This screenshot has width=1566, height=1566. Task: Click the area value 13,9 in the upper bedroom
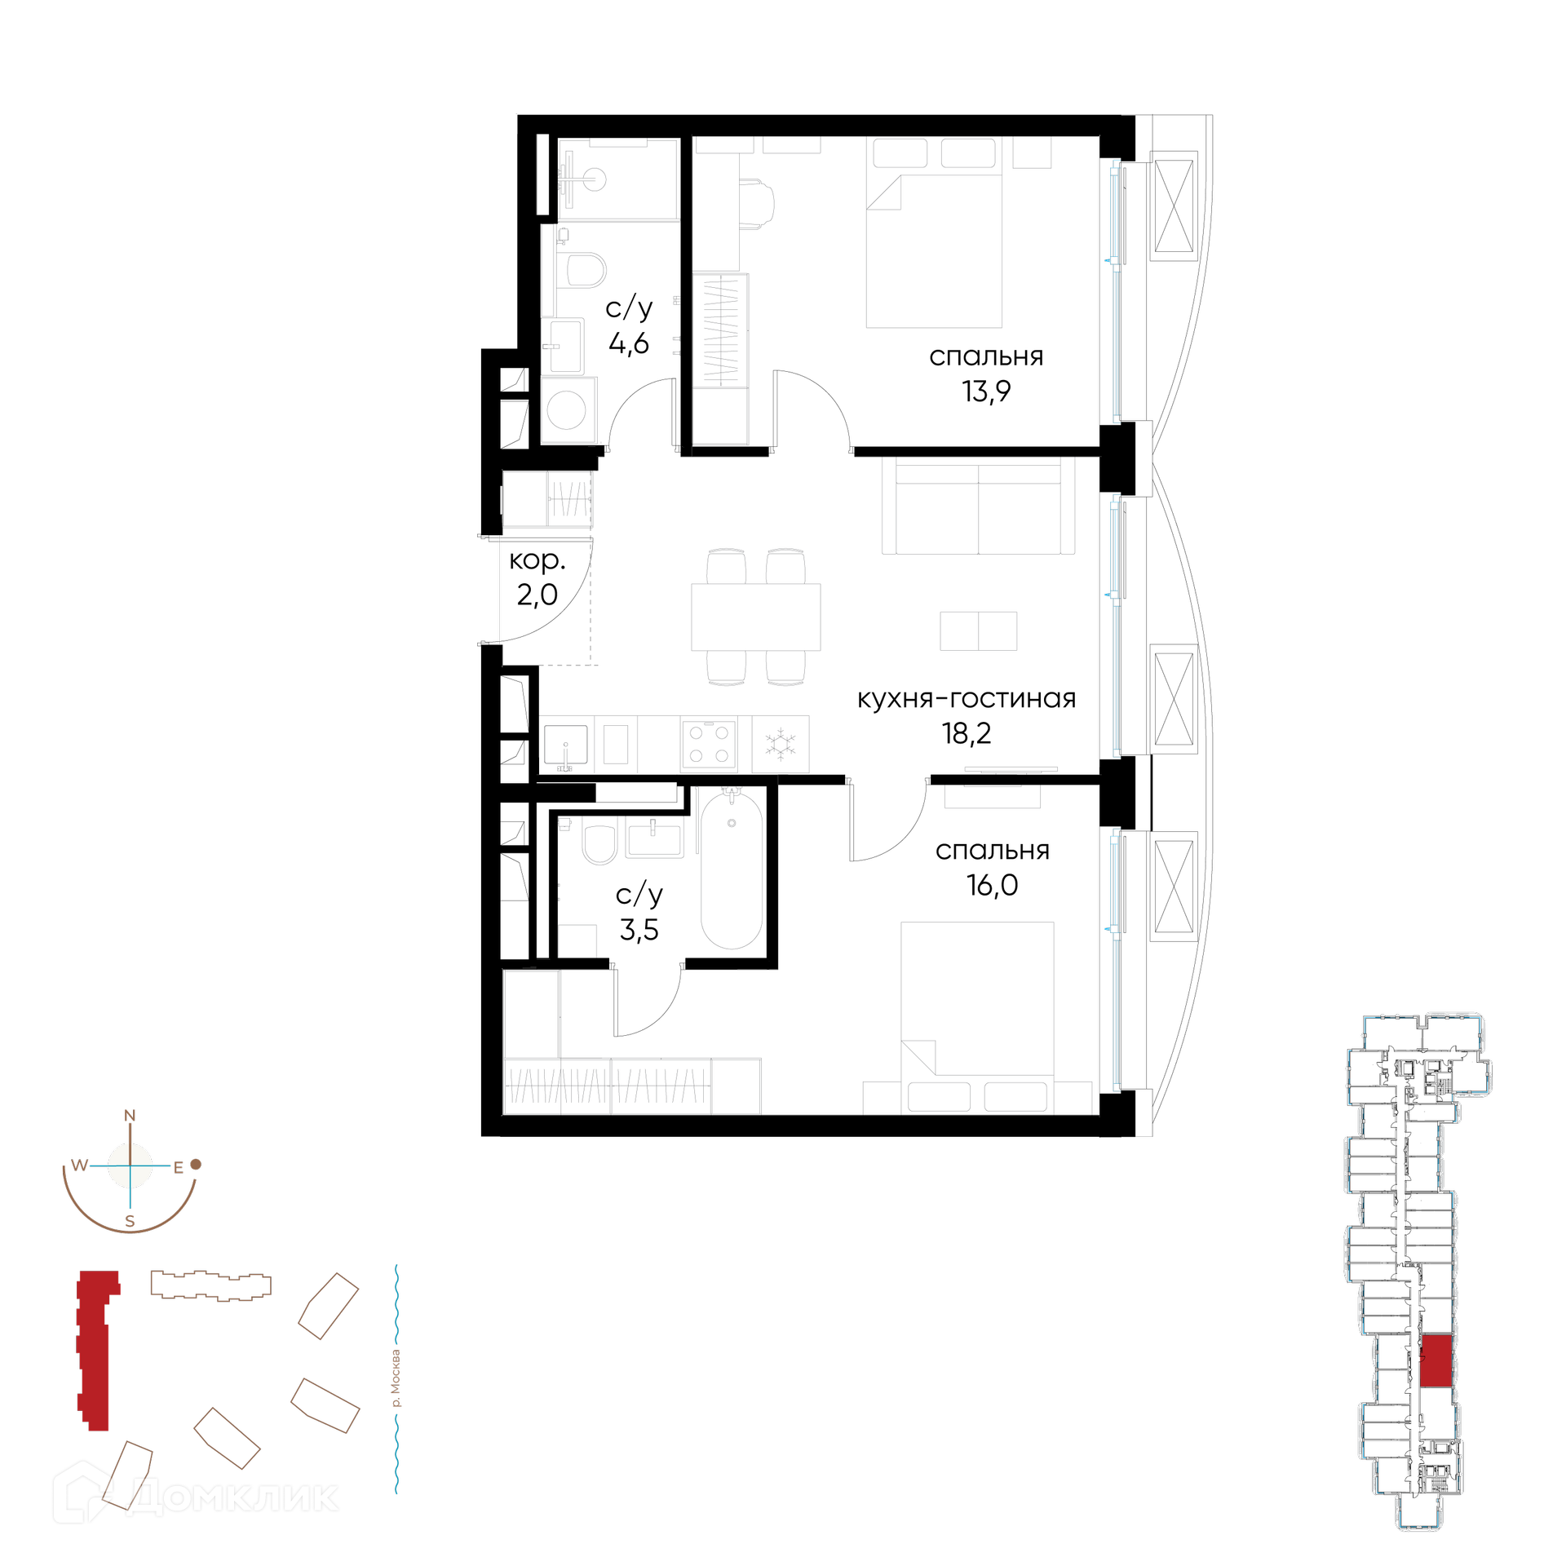click(x=986, y=392)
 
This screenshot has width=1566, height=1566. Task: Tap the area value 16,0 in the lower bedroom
click(x=992, y=886)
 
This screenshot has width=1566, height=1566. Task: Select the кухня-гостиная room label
click(x=967, y=698)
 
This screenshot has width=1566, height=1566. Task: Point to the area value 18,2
click(x=967, y=734)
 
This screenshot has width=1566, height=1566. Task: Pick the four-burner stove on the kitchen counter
click(x=709, y=744)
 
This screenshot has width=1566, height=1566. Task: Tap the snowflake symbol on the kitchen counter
click(x=781, y=744)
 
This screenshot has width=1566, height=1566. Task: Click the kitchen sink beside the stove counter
click(x=565, y=744)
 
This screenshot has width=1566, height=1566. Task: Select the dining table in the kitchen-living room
click(x=755, y=617)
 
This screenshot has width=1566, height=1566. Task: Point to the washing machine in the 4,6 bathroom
click(x=568, y=409)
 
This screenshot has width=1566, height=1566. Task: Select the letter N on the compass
click(x=130, y=1116)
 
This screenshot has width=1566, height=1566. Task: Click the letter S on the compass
click(x=130, y=1221)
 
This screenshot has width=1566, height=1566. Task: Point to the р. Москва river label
click(x=396, y=1378)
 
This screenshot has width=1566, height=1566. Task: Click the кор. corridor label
click(x=537, y=560)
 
